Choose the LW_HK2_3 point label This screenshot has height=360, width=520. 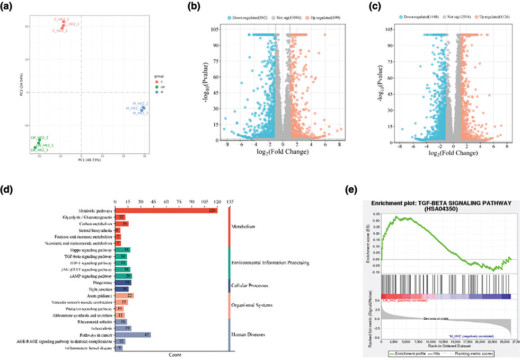coord(40,150)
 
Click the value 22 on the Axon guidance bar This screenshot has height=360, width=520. coord(129,295)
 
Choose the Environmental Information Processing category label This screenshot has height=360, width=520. coord(270,262)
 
